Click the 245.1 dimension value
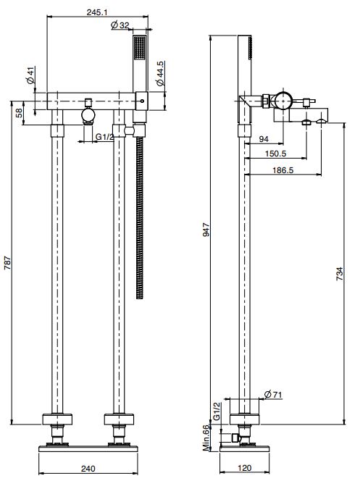97,12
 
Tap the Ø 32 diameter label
120,25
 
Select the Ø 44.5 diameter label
160,74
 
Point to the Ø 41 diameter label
30,75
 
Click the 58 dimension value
19,113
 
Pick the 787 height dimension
7,262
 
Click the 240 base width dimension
88,469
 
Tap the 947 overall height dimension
206,230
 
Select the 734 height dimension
340,274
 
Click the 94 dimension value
264,139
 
